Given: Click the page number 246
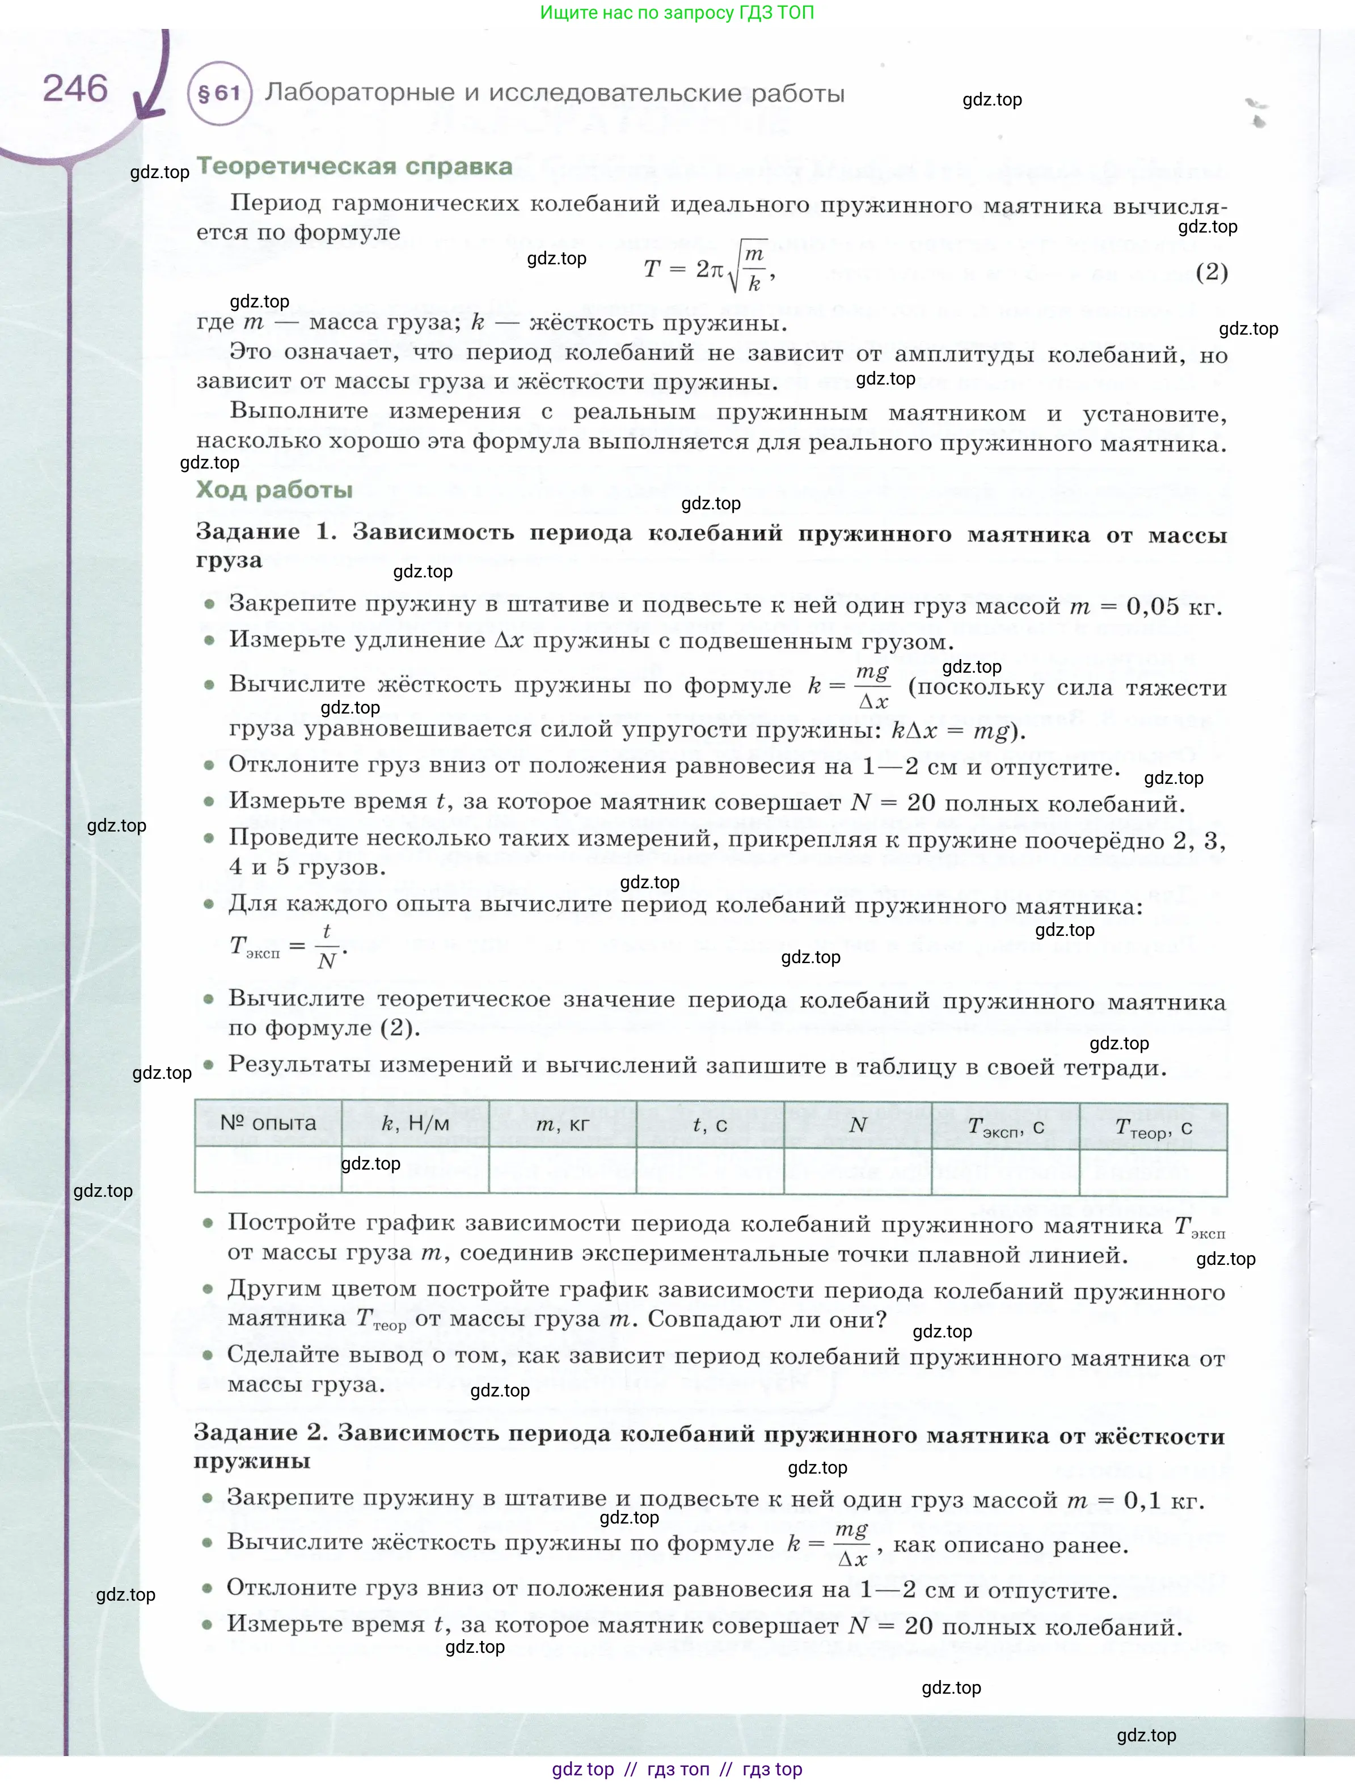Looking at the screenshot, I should tap(74, 88).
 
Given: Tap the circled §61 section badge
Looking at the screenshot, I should tap(219, 94).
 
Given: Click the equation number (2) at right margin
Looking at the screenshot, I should tap(1212, 272).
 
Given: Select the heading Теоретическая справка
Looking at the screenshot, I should tap(354, 166).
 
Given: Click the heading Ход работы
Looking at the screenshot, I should tap(275, 490).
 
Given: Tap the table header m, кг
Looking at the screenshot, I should tap(563, 1124).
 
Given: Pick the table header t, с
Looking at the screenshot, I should tap(710, 1125).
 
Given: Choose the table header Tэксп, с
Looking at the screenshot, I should tap(1006, 1126).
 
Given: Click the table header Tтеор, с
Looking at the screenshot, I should tap(1153, 1128).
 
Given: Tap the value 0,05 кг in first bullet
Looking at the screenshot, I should tap(1174, 606).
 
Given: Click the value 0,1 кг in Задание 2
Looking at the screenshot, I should tap(1163, 1501).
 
